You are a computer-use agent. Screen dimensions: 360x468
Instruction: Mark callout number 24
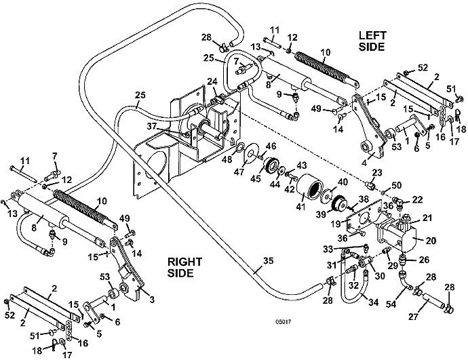click(212, 81)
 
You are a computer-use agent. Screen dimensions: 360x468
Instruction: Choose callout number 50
click(396, 184)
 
